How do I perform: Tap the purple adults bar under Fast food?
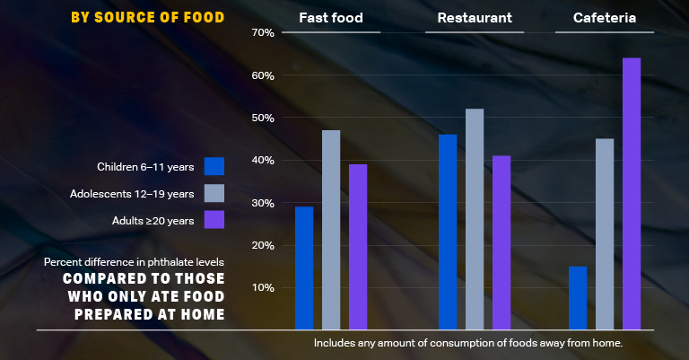(x=358, y=247)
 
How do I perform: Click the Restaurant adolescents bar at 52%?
(x=475, y=219)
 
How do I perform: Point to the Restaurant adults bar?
(x=501, y=242)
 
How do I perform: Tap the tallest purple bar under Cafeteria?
(x=632, y=193)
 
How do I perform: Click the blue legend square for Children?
(x=214, y=166)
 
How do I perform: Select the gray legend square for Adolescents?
(x=214, y=193)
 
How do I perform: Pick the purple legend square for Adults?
(x=214, y=220)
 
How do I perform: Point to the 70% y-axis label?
(x=263, y=33)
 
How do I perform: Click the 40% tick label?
(x=263, y=161)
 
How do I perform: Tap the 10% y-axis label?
(x=263, y=288)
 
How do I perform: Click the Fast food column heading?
(x=330, y=18)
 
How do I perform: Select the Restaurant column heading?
(x=475, y=18)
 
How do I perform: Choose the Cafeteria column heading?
(x=605, y=18)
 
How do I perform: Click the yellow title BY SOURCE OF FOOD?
(x=148, y=18)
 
